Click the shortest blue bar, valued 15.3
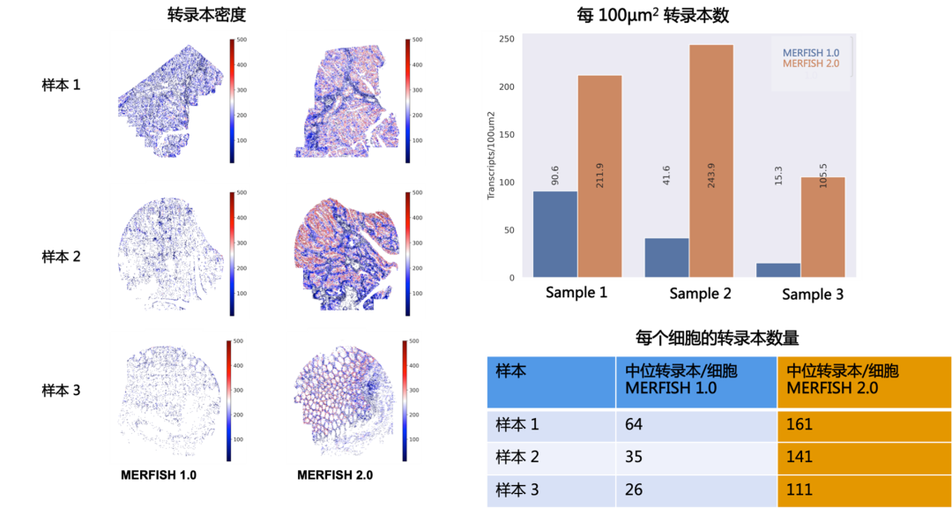778,270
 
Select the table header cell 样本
511,371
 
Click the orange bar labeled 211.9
599,176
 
